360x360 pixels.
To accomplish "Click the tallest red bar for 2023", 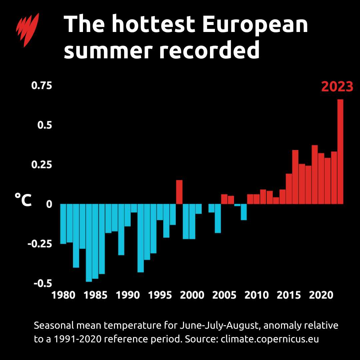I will [x=340, y=152].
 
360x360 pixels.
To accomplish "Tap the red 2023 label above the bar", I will [x=337, y=87].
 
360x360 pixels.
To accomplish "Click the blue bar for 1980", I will [x=63, y=224].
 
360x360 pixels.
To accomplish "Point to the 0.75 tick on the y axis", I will [x=42, y=86].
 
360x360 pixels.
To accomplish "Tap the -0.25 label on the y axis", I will [x=40, y=244].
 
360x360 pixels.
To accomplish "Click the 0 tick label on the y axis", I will [x=49, y=204].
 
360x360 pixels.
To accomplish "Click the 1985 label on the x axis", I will [x=95, y=295].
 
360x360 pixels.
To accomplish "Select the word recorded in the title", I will [x=209, y=51].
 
